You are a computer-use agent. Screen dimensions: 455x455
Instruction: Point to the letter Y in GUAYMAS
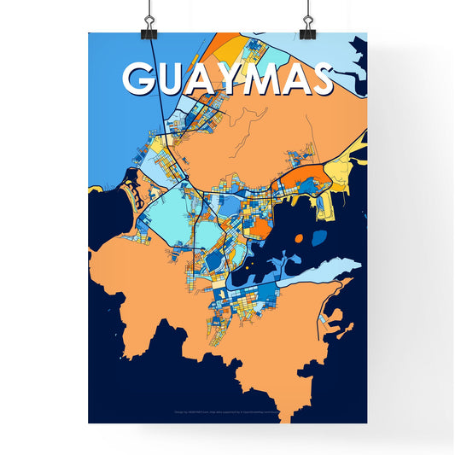click(234, 79)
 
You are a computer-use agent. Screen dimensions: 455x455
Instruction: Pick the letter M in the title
click(269, 79)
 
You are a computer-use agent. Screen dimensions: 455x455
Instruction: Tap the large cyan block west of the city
click(166, 218)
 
